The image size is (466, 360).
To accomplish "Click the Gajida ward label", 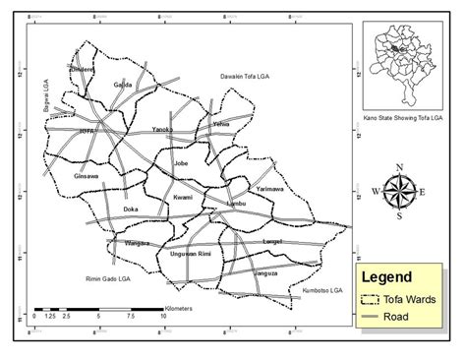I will click(x=124, y=85).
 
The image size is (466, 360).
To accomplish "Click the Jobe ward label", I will click(x=180, y=162).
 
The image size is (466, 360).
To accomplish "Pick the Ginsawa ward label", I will click(x=87, y=176).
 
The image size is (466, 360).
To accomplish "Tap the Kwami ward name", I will click(x=182, y=197).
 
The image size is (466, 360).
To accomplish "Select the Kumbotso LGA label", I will click(x=325, y=291).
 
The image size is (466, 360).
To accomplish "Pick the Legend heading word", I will click(x=387, y=277).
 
